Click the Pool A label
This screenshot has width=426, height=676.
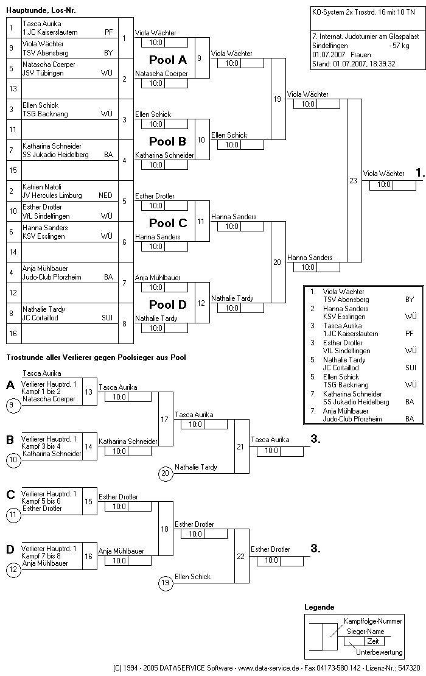tap(168, 60)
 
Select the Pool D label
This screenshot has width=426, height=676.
tap(168, 305)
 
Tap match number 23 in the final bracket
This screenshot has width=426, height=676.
tap(353, 180)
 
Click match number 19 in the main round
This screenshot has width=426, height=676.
tap(277, 99)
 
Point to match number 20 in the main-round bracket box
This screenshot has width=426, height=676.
tap(277, 262)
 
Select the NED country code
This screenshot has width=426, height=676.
tap(105, 195)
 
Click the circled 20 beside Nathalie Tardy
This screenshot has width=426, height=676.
tap(165, 472)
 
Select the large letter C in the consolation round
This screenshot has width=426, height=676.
tap(10, 495)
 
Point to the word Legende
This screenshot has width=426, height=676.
tap(319, 607)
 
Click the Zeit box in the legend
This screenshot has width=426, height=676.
tap(372, 641)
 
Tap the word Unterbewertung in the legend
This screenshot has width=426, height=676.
tap(379, 652)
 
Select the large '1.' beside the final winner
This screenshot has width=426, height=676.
tap(420, 173)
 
